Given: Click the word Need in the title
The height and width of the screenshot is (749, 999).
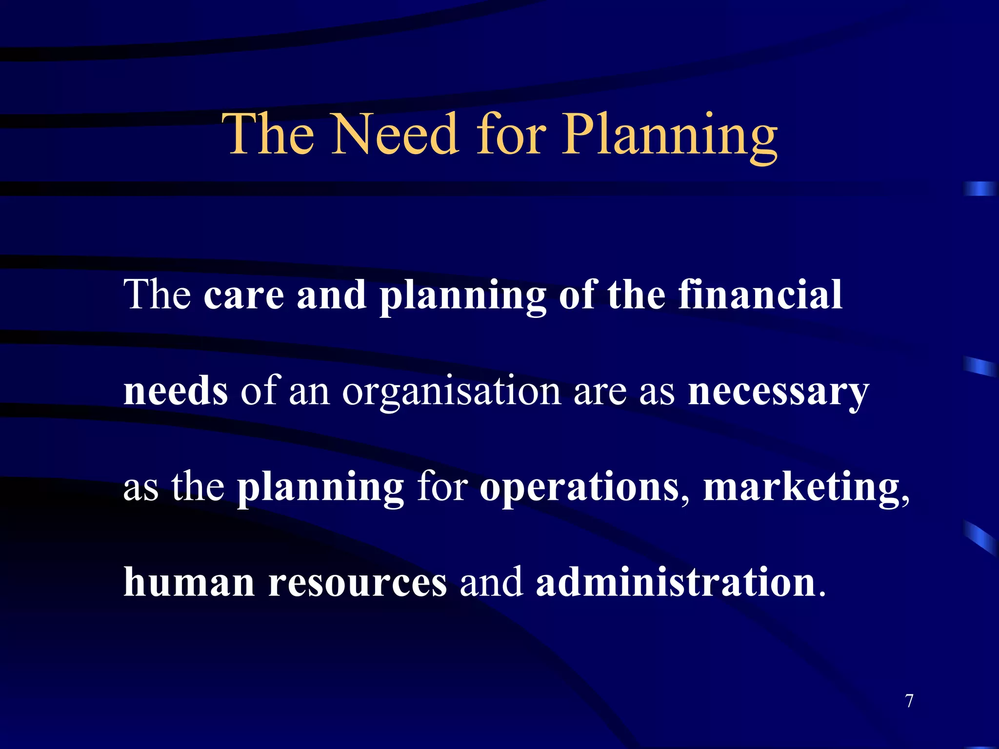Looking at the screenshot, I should tap(395, 134).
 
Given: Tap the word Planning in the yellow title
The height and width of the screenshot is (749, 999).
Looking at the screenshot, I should tap(669, 137).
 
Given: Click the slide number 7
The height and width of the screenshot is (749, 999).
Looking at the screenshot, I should tap(909, 701).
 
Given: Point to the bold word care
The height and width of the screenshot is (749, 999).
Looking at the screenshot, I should tap(244, 296).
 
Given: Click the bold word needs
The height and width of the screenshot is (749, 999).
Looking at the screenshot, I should tap(176, 391).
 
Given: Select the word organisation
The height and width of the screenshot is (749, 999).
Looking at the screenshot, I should tap(451, 392).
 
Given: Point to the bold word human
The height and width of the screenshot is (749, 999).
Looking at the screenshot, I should tap(189, 582).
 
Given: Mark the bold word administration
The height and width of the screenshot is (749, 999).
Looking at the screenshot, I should tap(676, 582).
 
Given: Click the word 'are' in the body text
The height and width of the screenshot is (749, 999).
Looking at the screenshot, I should tap(600, 392).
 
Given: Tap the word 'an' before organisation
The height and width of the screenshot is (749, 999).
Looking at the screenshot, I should tap(309, 392).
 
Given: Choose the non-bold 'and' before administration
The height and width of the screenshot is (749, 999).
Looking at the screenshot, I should tap(491, 582).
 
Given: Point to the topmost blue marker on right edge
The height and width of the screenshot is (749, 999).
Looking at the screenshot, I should tap(979, 189).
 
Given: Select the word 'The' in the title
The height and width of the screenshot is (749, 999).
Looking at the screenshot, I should tap(268, 134).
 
